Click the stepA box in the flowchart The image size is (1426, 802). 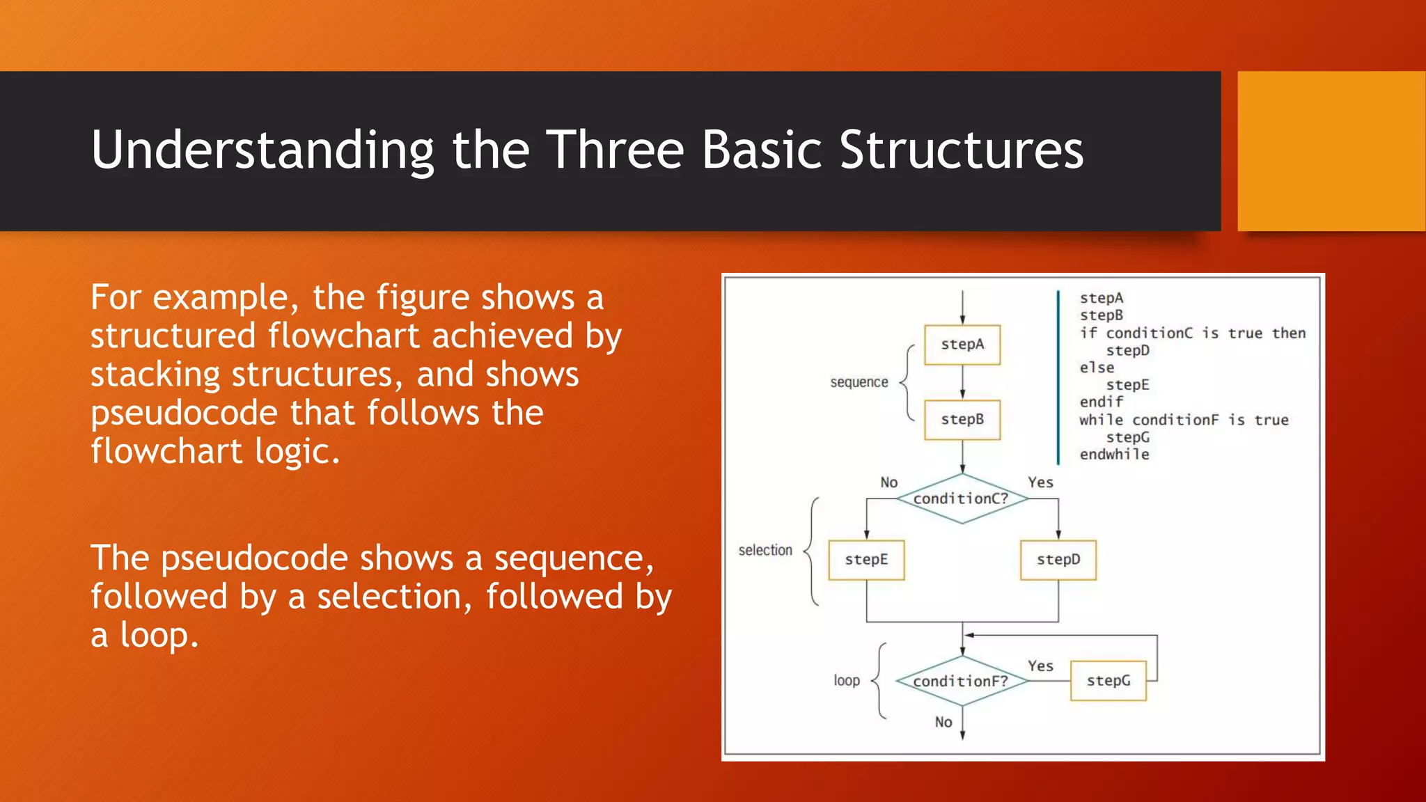click(962, 345)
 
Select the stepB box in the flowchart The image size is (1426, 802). click(962, 420)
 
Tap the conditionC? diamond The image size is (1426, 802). click(962, 498)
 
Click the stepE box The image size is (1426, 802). click(866, 560)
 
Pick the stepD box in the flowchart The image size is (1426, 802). click(1058, 560)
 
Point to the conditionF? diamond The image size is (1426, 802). click(962, 681)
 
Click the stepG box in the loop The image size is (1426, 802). click(1108, 680)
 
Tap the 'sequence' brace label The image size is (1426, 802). click(859, 382)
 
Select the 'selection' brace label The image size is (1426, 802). click(765, 550)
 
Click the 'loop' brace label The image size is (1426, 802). click(847, 680)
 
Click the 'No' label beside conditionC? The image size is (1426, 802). click(888, 482)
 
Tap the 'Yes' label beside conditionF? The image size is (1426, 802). click(1040, 666)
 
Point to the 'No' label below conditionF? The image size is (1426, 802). click(943, 722)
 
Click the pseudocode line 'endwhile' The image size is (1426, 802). click(1114, 455)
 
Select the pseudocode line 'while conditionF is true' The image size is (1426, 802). click(1184, 420)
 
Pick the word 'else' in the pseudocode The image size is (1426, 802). click(1097, 368)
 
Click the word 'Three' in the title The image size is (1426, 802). click(615, 150)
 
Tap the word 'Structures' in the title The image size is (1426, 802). click(961, 150)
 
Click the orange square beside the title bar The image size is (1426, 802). click(1331, 151)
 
